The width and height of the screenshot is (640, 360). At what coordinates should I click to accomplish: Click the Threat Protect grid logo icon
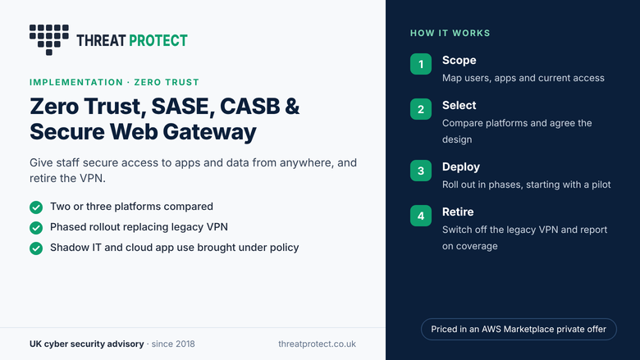click(x=49, y=39)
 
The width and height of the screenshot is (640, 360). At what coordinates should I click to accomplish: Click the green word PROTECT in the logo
click(x=158, y=40)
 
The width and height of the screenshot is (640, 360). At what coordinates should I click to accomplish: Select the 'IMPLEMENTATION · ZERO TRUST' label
click(x=114, y=82)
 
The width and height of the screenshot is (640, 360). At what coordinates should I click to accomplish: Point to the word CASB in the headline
click(x=250, y=107)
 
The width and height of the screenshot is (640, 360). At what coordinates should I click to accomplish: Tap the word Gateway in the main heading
click(x=209, y=132)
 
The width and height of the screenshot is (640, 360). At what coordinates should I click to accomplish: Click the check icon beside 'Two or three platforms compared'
click(x=36, y=207)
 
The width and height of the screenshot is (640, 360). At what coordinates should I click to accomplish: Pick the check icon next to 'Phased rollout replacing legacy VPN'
click(x=36, y=227)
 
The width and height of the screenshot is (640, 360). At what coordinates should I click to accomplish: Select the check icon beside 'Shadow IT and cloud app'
click(x=36, y=248)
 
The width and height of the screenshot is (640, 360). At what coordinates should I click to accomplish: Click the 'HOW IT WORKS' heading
click(x=450, y=33)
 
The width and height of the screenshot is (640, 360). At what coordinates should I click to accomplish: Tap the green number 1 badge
click(x=421, y=64)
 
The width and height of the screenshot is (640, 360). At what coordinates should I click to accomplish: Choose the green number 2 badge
click(x=421, y=109)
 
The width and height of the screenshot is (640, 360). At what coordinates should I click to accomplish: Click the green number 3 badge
click(x=421, y=171)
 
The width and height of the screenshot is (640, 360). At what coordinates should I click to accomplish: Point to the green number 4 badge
click(x=421, y=216)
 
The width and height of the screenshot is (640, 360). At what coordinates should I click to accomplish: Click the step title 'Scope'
click(x=459, y=61)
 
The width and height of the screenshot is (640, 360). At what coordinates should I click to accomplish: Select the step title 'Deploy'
click(x=461, y=167)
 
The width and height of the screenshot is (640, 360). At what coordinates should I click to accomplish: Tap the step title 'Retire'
click(x=458, y=212)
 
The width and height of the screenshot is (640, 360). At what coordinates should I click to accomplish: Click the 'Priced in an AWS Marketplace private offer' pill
click(x=519, y=329)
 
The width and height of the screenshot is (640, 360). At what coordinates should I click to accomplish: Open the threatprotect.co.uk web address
click(x=318, y=344)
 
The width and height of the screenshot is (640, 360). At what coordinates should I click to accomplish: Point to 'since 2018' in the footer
click(x=173, y=344)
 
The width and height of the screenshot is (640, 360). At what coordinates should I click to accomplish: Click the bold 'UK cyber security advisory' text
click(x=86, y=344)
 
